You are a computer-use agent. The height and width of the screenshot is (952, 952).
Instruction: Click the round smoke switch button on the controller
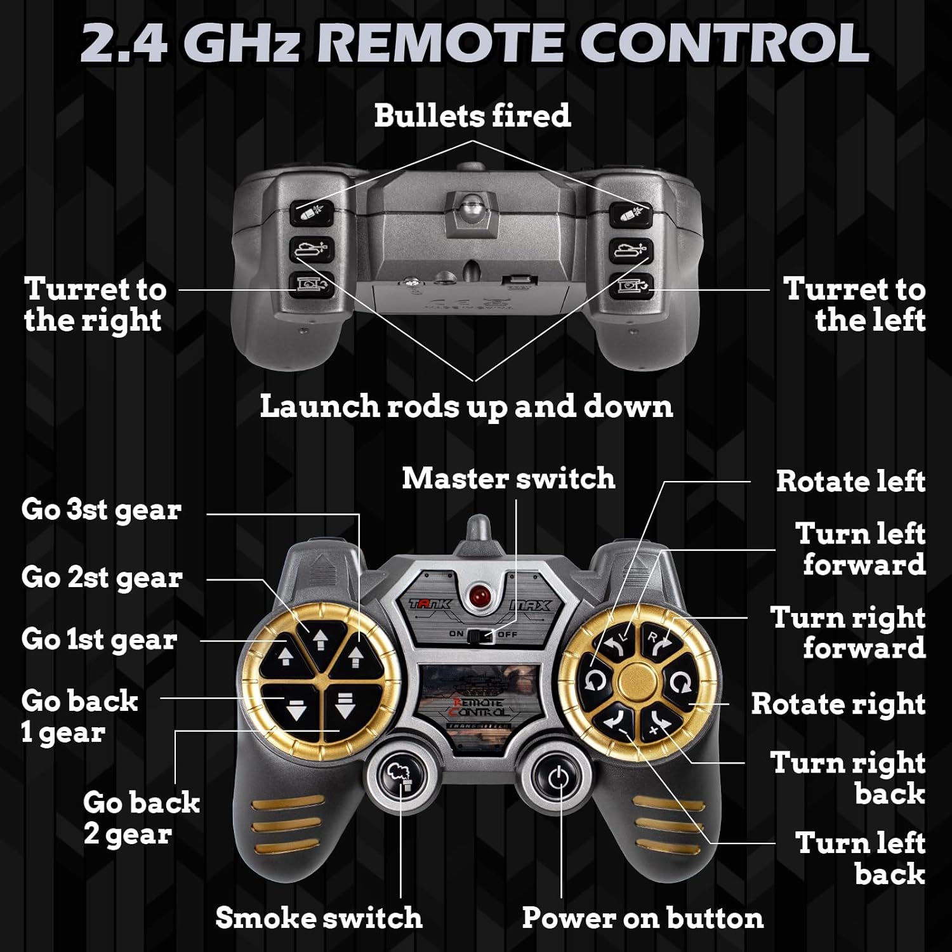[400, 776]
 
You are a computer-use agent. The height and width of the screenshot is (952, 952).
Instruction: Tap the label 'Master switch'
[508, 479]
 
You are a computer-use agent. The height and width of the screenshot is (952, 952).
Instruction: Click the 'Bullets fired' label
[472, 116]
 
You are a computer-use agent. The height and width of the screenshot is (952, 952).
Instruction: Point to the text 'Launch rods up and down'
[466, 406]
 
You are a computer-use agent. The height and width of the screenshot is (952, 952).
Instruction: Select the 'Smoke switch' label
[319, 918]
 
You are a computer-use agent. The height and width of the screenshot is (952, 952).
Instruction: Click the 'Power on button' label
[642, 918]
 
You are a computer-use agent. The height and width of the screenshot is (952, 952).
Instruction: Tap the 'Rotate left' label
[850, 481]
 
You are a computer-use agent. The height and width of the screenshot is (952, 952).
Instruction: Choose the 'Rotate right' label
[838, 704]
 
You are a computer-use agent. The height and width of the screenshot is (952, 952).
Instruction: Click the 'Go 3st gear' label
[102, 510]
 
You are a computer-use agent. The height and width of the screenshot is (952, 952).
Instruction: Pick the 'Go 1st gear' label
[99, 639]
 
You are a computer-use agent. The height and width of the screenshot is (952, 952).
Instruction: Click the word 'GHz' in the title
[244, 43]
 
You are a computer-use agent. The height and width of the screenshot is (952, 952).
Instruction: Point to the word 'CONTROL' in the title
[724, 43]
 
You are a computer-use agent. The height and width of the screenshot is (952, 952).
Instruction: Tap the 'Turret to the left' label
[854, 305]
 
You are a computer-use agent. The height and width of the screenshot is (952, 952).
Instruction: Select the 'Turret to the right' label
[95, 305]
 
